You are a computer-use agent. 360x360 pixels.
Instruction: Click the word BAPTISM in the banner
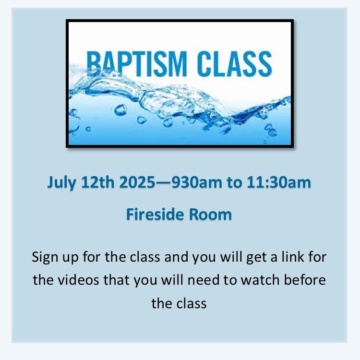(x=136, y=64)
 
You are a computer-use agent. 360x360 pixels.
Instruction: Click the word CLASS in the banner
(x=234, y=64)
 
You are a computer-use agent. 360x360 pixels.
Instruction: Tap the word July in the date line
(x=61, y=183)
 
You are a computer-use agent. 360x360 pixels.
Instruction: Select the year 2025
(x=137, y=182)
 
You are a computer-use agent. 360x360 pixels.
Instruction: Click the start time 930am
(x=197, y=182)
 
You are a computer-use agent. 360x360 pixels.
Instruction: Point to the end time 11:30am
(x=279, y=182)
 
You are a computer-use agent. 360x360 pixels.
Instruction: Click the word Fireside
(x=156, y=215)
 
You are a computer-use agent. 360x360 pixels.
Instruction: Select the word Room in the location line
(x=210, y=215)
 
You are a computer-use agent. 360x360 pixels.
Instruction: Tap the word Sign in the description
(x=45, y=257)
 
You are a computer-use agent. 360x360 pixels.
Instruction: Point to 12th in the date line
(x=98, y=182)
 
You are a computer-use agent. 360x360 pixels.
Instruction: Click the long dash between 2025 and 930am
(x=163, y=183)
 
